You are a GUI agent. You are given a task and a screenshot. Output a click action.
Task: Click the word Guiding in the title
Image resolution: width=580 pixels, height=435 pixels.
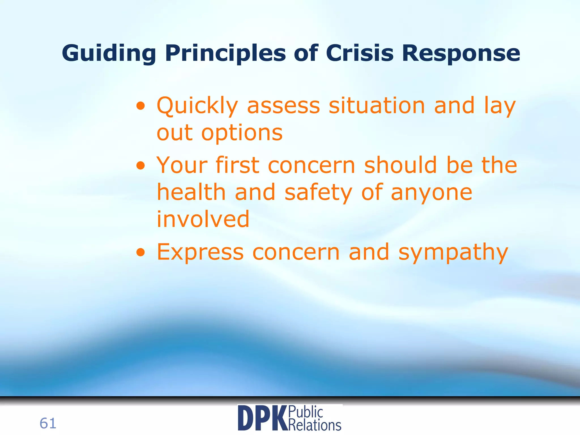109,53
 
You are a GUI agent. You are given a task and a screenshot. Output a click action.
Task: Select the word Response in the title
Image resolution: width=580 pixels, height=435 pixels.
461,53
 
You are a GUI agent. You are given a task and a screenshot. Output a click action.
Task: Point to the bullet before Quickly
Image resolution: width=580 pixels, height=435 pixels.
141,106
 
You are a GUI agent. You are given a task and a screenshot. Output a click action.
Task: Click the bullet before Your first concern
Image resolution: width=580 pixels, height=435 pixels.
141,166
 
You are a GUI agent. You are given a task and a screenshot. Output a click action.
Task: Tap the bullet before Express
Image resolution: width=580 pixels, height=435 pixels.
141,252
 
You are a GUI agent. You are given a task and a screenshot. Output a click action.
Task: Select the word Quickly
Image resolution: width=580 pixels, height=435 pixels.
197,106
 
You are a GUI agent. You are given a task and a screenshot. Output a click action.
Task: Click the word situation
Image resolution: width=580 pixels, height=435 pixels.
377,105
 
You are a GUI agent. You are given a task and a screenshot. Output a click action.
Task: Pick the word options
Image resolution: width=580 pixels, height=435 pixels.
242,133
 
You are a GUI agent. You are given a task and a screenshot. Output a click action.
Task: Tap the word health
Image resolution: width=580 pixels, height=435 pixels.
191,192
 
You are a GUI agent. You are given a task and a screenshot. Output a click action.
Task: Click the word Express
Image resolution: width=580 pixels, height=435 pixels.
200,252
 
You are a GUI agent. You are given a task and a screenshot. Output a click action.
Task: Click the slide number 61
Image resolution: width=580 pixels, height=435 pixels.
48,423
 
